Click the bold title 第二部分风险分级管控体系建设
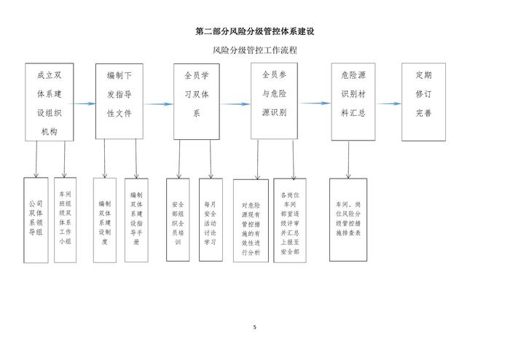tap(255, 32)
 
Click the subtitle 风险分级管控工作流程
tap(255, 50)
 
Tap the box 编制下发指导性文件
tap(119, 101)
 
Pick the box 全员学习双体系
tap(196, 101)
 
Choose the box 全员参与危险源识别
tap(274, 101)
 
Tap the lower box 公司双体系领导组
tap(36, 219)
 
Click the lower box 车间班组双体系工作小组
tap(66, 219)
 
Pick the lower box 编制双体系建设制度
tap(105, 219)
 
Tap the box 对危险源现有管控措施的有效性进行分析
tap(251, 221)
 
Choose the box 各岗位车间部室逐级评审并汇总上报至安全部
tap(289, 220)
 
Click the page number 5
tap(255, 327)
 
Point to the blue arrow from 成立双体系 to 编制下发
tap(86, 103)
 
